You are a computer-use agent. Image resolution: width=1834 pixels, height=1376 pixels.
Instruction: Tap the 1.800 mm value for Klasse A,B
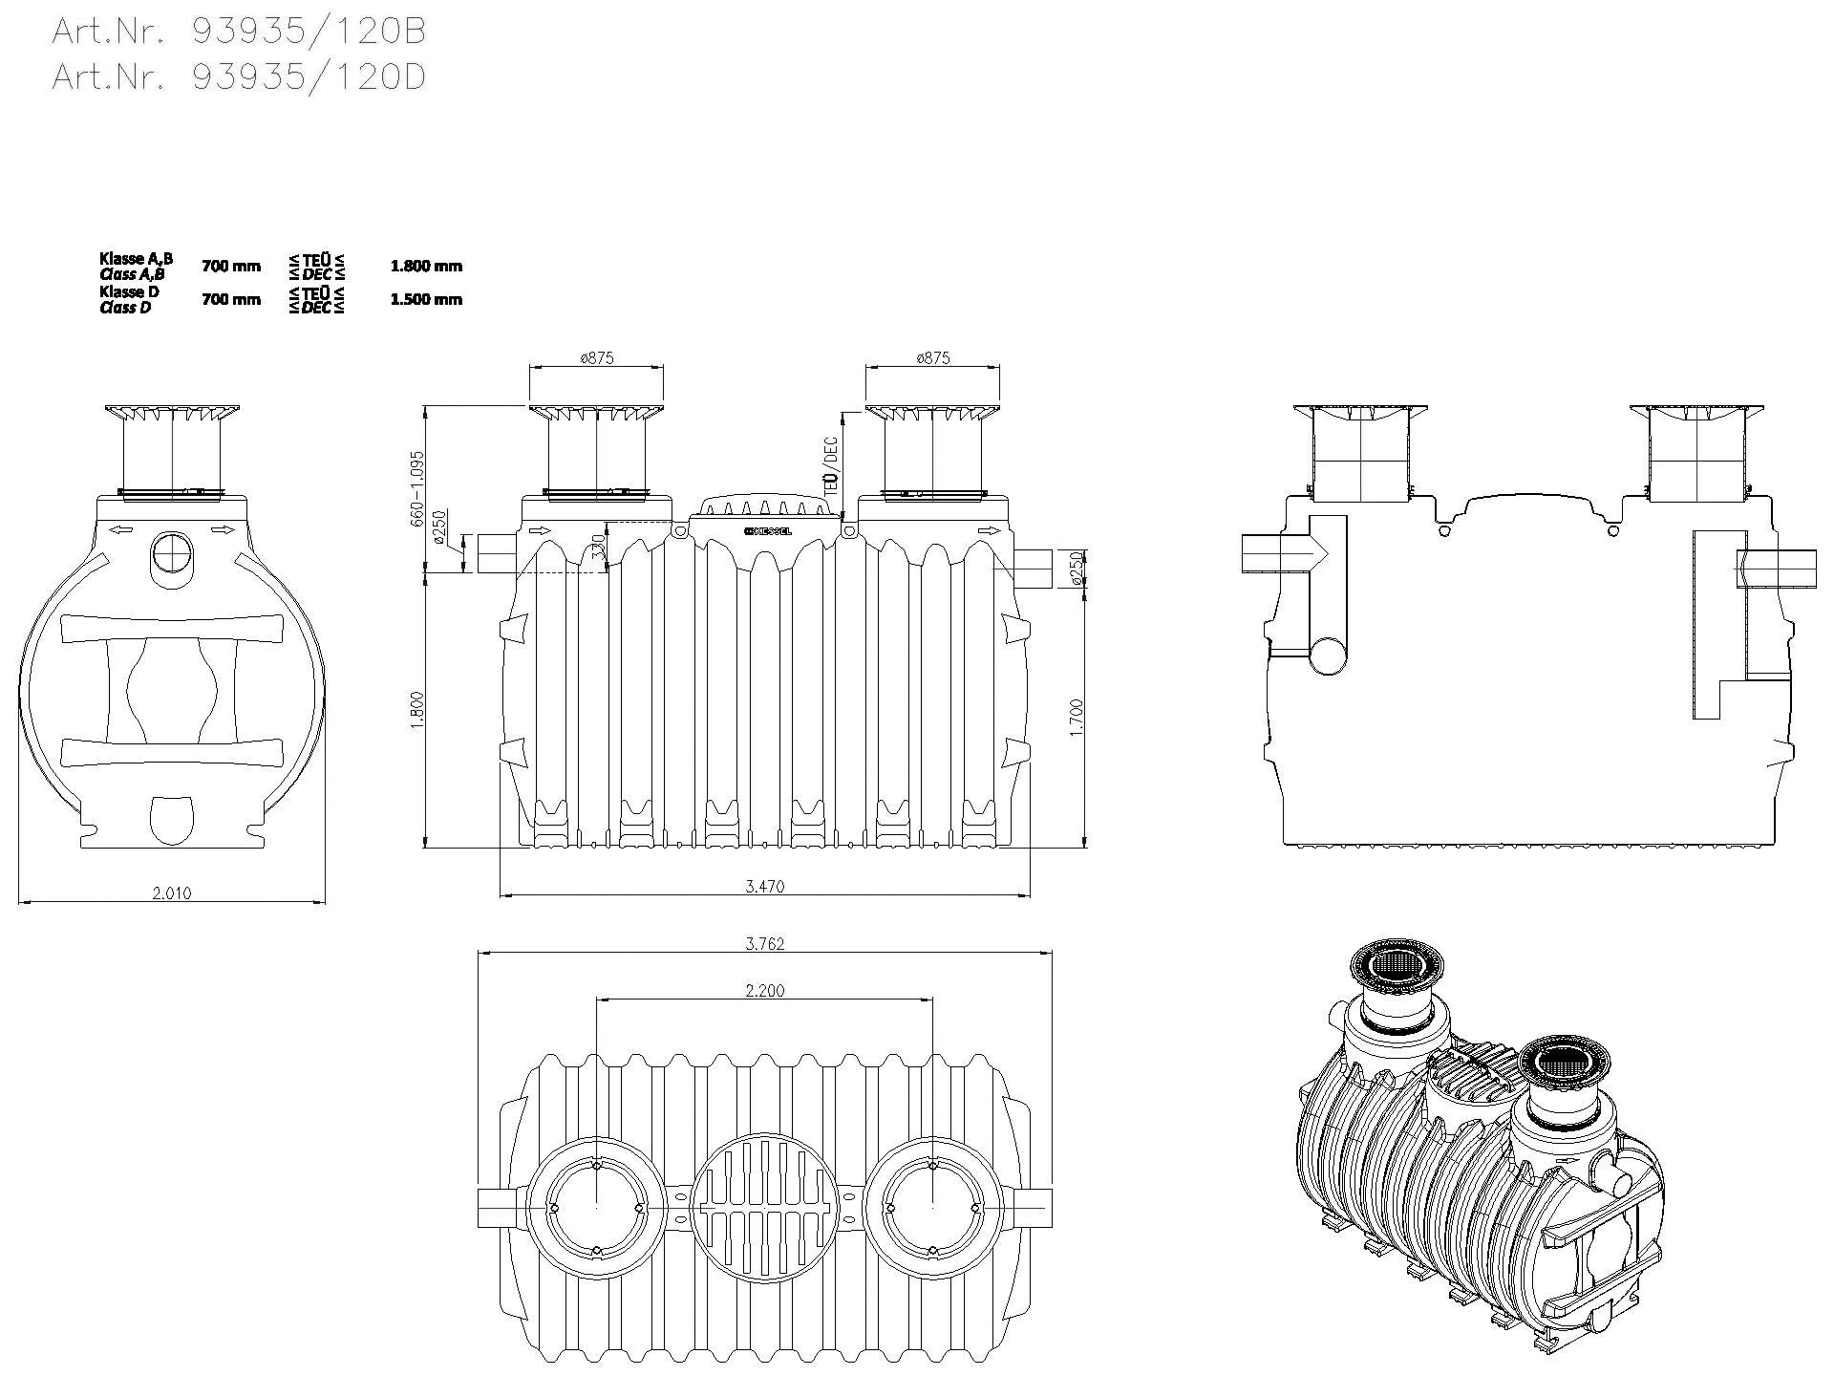coord(426,266)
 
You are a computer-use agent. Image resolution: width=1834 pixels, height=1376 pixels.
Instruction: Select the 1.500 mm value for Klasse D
coord(426,299)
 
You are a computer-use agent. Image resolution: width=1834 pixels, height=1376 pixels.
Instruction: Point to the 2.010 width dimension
coord(172,893)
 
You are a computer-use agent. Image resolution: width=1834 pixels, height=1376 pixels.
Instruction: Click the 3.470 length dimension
coord(764,887)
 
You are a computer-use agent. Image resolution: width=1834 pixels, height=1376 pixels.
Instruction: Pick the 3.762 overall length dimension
coord(764,944)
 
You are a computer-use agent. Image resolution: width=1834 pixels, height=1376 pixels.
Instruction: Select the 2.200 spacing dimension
coord(764,991)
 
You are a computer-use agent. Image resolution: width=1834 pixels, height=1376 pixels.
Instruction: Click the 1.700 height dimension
coord(1077,717)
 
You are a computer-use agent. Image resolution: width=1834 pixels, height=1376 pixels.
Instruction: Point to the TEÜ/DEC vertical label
coord(831,465)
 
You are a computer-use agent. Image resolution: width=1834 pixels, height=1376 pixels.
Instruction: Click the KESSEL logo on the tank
coord(767,531)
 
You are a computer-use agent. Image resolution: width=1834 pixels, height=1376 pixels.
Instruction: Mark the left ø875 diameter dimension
coord(597,358)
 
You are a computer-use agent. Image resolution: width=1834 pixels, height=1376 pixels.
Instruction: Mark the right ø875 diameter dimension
coord(933,358)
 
